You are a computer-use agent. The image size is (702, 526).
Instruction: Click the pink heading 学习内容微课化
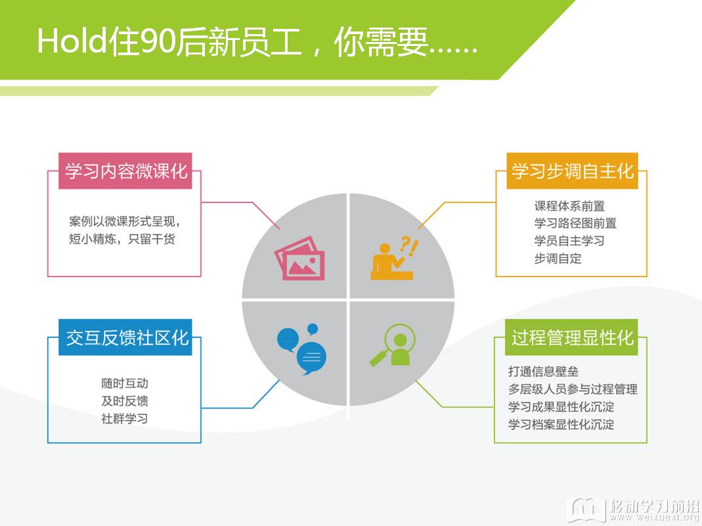[125, 171]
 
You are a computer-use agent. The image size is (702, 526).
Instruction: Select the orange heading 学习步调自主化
[572, 171]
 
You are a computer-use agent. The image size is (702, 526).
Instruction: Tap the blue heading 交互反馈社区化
[125, 338]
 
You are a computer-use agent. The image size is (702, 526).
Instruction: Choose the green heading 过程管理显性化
[571, 338]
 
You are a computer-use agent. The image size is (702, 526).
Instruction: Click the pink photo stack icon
[299, 258]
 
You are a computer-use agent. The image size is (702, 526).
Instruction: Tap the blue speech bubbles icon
[302, 349]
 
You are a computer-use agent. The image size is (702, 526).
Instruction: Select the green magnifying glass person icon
[393, 345]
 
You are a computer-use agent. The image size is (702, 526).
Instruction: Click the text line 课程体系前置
[569, 206]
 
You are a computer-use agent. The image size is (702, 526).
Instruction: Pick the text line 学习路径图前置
[575, 223]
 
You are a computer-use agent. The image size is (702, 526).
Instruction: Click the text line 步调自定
[558, 258]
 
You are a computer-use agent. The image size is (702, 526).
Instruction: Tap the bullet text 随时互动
[125, 384]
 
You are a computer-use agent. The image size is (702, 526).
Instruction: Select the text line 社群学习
[125, 418]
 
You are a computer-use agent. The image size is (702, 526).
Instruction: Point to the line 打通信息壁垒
[544, 372]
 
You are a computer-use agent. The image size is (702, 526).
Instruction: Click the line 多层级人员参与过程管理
[573, 389]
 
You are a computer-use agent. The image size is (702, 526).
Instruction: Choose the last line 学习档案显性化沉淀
[561, 424]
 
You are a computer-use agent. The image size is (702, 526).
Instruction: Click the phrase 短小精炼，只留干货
[121, 239]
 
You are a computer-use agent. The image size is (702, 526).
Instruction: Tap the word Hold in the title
[72, 41]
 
